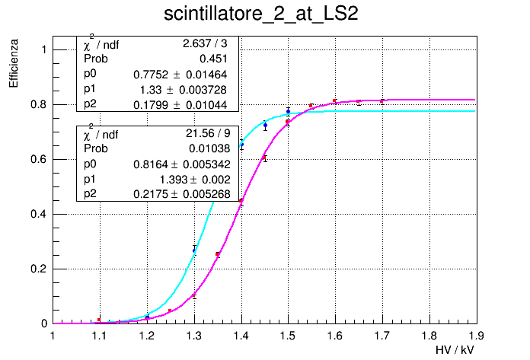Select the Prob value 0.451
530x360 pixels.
[216, 59]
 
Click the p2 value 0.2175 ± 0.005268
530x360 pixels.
[180, 194]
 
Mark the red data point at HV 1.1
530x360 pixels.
[99, 320]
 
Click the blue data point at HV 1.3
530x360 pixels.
[194, 250]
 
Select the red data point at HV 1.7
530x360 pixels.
[382, 100]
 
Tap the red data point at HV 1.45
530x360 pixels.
[265, 158]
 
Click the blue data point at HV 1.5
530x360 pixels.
[288, 110]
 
